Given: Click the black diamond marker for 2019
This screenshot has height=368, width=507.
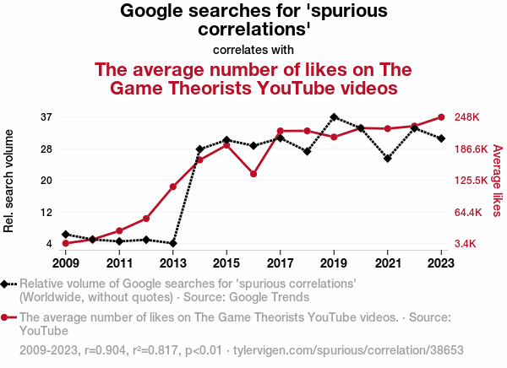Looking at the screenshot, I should (x=334, y=116).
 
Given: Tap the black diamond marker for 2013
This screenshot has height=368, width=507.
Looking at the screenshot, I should (x=173, y=243).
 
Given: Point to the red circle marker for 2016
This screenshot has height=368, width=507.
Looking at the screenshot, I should (x=253, y=174).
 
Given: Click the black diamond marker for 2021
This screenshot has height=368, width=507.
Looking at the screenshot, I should (x=388, y=158).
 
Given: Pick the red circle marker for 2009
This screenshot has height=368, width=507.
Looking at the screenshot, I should (x=65, y=243).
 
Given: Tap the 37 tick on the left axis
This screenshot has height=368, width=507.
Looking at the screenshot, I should (x=46, y=116).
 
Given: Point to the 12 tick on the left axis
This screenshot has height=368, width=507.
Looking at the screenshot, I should (x=46, y=212).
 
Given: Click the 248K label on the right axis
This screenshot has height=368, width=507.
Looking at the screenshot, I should (x=466, y=116).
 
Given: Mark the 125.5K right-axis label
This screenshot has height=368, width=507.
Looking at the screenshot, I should (x=472, y=180).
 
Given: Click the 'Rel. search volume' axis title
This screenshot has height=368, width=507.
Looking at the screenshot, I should (x=9, y=181).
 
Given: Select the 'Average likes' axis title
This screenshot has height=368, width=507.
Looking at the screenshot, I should (x=498, y=180).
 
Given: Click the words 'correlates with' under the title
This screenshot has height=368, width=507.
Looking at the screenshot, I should (x=253, y=49).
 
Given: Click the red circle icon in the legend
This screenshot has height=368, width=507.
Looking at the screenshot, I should (x=5, y=318).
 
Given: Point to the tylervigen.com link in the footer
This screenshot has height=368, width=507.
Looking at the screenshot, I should (x=348, y=349).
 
